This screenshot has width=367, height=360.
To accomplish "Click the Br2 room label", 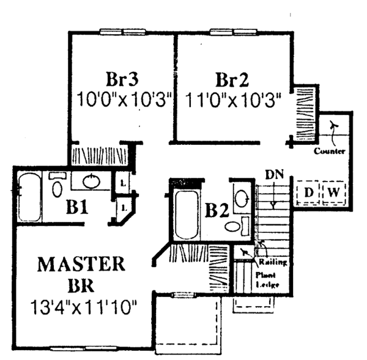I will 231,79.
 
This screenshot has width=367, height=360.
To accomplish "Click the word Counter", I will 330,151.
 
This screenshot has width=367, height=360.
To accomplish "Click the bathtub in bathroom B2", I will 184,214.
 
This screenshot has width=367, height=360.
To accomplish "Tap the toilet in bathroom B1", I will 57,186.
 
